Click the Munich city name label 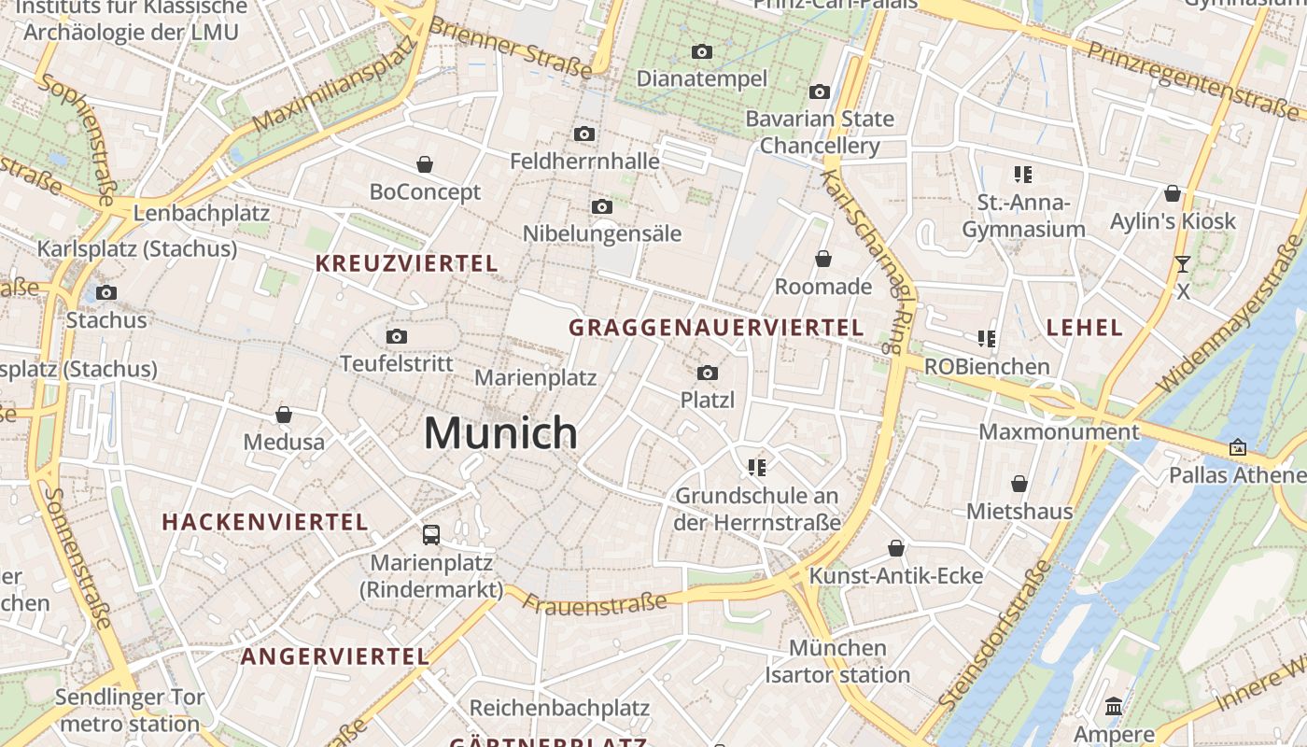click(500, 433)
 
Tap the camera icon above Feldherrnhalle click(584, 134)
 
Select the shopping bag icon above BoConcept click(425, 165)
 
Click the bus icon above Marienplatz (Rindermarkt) click(431, 535)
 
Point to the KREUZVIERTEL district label click(406, 263)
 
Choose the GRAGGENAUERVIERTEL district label click(716, 328)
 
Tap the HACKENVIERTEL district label click(265, 522)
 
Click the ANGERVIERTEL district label click(334, 656)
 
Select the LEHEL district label click(1084, 327)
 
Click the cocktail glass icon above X click(1183, 264)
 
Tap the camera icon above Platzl click(708, 373)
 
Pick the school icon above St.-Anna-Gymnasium click(1023, 175)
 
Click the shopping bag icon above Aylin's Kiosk click(1173, 194)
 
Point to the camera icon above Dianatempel click(702, 51)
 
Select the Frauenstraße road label click(595, 603)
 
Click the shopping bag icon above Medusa click(284, 415)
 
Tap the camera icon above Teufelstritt click(397, 336)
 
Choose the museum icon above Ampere click(1114, 707)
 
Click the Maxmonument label click(1059, 432)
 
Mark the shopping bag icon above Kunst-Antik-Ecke click(896, 548)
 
